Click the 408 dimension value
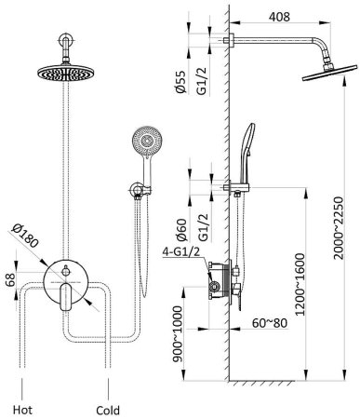279,17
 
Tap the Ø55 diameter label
180,82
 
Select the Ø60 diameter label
181,230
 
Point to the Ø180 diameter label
25,236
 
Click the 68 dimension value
10,281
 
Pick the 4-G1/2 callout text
181,252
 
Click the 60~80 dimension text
270,323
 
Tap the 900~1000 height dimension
178,333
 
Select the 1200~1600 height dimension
300,284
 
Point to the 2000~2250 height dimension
339,228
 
